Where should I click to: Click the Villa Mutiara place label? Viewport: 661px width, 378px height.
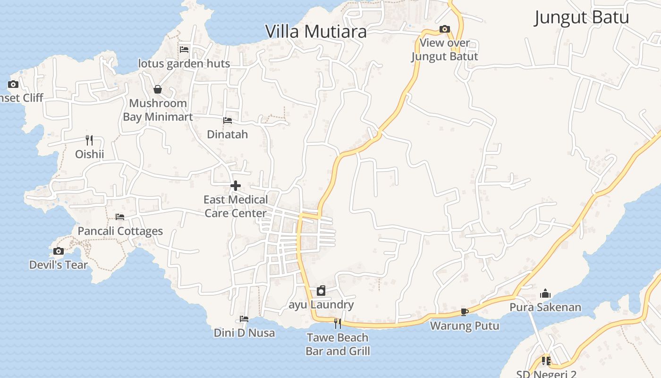pyautogui.click(x=316, y=32)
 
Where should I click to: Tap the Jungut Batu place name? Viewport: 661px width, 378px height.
pyautogui.click(x=581, y=18)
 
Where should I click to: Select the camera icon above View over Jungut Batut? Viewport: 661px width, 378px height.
pyautogui.click(x=444, y=29)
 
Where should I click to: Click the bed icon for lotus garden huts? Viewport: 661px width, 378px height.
pyautogui.click(x=184, y=49)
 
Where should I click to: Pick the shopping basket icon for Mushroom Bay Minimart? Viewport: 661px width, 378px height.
pyautogui.click(x=158, y=89)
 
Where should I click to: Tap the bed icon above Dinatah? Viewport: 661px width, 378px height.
pyautogui.click(x=228, y=120)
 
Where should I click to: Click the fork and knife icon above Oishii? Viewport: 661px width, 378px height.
pyautogui.click(x=89, y=140)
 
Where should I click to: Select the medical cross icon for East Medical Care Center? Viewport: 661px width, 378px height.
pyautogui.click(x=236, y=186)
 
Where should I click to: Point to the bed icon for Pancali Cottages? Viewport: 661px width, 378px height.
pyautogui.click(x=120, y=217)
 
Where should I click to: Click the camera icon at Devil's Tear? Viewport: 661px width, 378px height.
pyautogui.click(x=59, y=251)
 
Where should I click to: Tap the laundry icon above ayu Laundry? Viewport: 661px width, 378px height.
pyautogui.click(x=321, y=290)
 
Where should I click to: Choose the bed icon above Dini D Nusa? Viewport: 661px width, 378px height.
pyautogui.click(x=244, y=319)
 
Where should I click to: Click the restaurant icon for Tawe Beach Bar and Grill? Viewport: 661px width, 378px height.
pyautogui.click(x=338, y=323)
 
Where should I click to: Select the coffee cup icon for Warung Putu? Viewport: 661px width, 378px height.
pyautogui.click(x=465, y=312)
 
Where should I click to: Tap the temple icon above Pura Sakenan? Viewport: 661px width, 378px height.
pyautogui.click(x=545, y=293)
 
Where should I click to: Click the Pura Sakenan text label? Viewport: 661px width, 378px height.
pyautogui.click(x=545, y=308)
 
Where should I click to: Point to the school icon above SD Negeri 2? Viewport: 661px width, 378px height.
pyautogui.click(x=546, y=361)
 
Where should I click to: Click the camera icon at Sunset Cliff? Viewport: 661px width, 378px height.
pyautogui.click(x=13, y=85)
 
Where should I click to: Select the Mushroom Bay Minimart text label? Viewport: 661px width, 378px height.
pyautogui.click(x=158, y=110)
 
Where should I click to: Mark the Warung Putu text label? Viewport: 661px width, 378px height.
pyautogui.click(x=465, y=326)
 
